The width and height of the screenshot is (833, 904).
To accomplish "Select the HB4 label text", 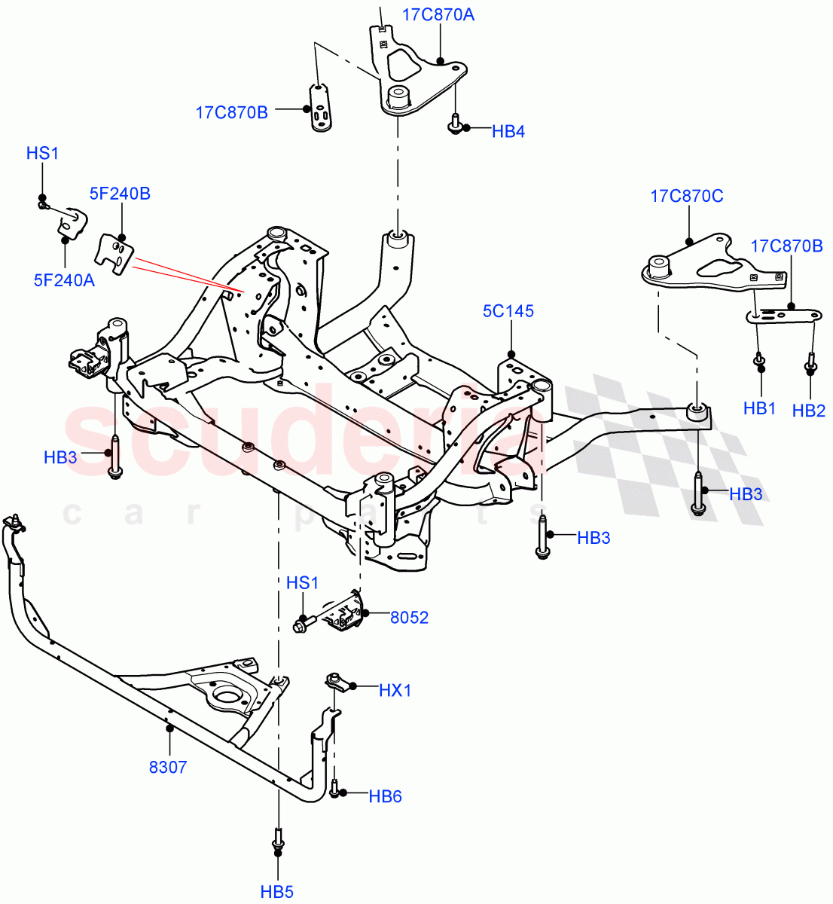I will point(508,132).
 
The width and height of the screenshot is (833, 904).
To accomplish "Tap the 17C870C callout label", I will point(686,196).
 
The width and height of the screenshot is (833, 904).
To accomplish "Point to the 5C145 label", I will point(508,310).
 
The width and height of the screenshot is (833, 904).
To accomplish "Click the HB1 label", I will point(759,408).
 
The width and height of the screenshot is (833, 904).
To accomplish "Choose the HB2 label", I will point(808,411).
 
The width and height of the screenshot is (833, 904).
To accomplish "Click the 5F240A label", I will point(64,280).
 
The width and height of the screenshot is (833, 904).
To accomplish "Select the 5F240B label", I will point(120,194).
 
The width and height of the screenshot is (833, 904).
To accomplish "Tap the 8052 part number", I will point(409,618).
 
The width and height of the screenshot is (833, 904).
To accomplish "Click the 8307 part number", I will point(168,768).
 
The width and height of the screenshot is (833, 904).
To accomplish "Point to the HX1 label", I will point(395,690).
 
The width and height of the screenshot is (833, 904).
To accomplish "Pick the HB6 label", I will point(385,796).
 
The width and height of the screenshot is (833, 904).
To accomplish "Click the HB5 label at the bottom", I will point(276,892).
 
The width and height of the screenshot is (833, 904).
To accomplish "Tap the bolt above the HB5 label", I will point(277,839).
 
